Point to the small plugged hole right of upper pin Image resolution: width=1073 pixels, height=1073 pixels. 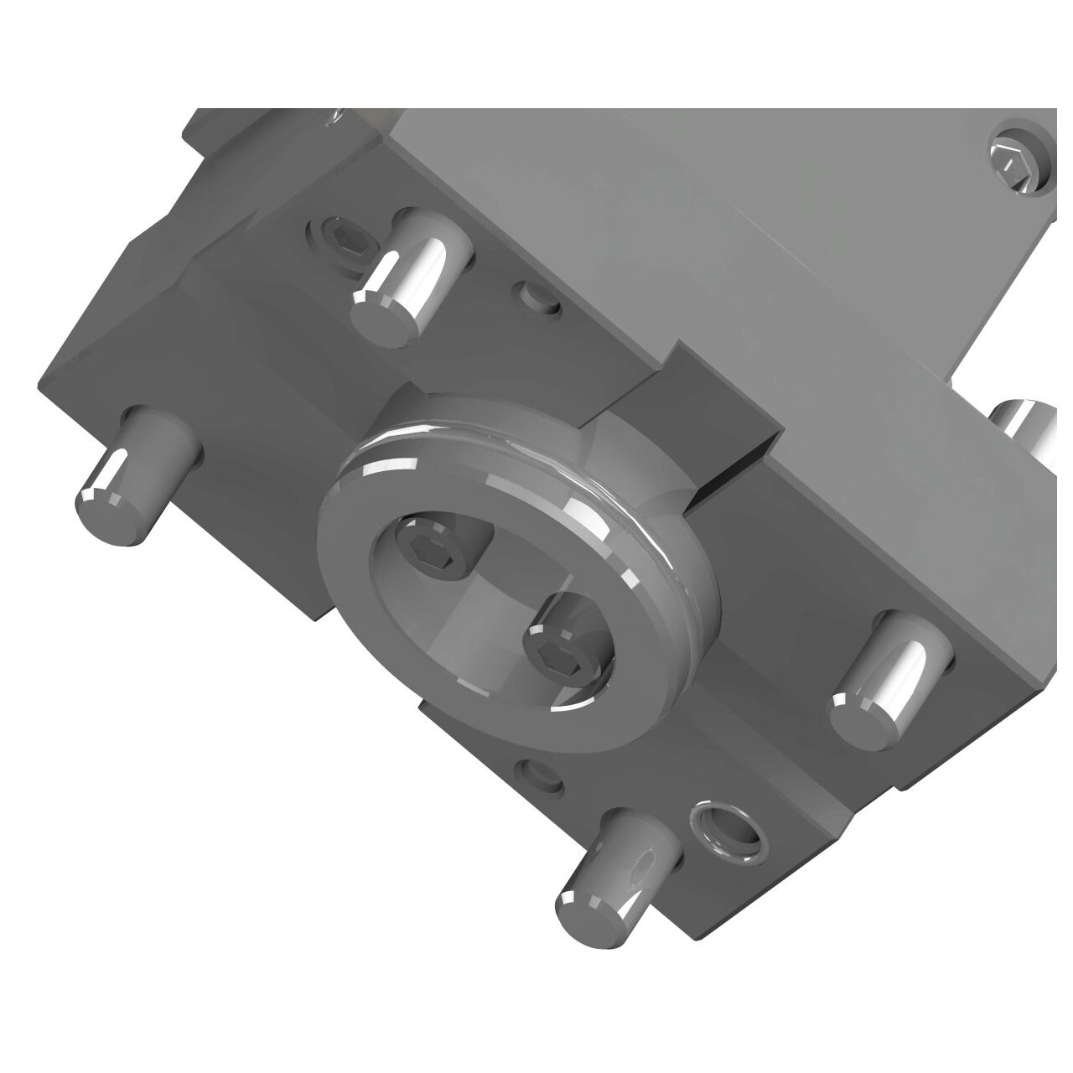tap(537, 297)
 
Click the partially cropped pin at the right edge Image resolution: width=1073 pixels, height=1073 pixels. tap(1031, 428)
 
